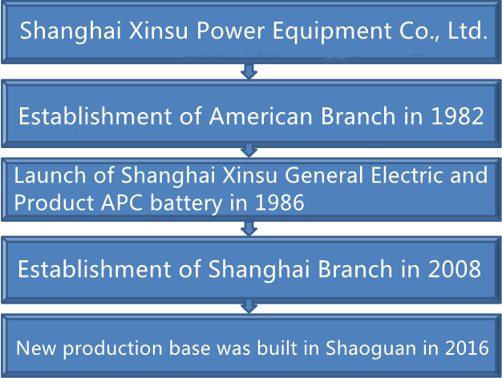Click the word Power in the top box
click(230, 30)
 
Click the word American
click(261, 116)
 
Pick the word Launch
click(50, 175)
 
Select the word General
click(324, 175)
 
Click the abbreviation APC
click(122, 203)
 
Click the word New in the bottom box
click(36, 348)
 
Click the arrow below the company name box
click(249, 71)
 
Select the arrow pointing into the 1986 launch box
click(249, 151)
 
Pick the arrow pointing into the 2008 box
click(249, 229)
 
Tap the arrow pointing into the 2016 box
click(249, 307)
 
